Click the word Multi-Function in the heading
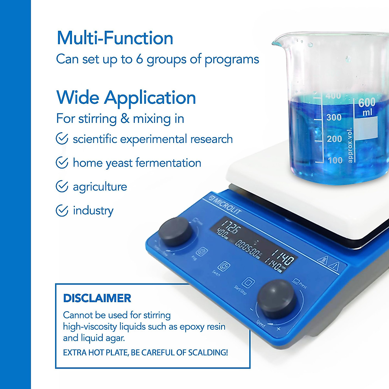point(115,38)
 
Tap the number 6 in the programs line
point(139,59)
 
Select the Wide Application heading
point(126,98)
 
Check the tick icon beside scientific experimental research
point(62,139)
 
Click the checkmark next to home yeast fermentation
point(62,163)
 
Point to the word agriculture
point(100,187)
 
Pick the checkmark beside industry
point(62,210)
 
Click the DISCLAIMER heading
point(97,298)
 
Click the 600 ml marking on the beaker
point(367,107)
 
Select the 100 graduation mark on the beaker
point(335,160)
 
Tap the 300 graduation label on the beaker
point(334,117)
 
